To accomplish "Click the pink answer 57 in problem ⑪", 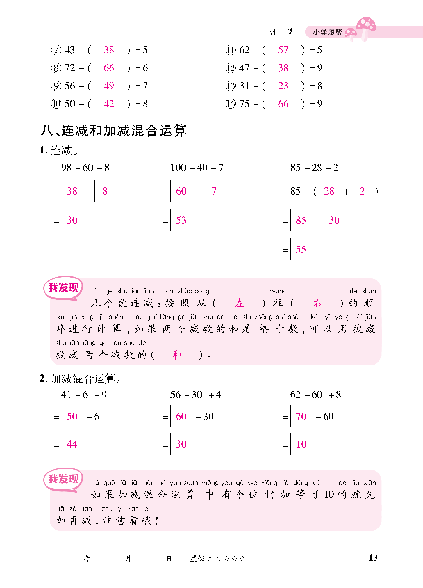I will coord(283,50).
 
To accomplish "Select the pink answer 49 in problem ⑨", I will coord(109,86).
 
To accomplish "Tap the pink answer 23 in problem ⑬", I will coord(283,86).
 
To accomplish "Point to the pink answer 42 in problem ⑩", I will coord(109,104).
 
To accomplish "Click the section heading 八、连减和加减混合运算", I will coord(113,131).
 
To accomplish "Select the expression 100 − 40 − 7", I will coord(197,168).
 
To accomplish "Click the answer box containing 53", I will coord(181,220).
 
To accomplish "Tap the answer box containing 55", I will coord(301,250).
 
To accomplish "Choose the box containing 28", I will coord(329,191).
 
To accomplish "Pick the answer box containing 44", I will coord(72,444).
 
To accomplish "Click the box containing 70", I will coord(301,416).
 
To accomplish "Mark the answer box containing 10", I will coord(301,444).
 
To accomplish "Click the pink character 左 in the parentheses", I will coord(240,303).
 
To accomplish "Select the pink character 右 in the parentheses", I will coord(317,303).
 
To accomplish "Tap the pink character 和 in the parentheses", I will coord(177,355).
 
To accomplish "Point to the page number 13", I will coord(373,558).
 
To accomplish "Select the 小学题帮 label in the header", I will coord(328,32).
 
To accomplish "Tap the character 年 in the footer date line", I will coord(88,559).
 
